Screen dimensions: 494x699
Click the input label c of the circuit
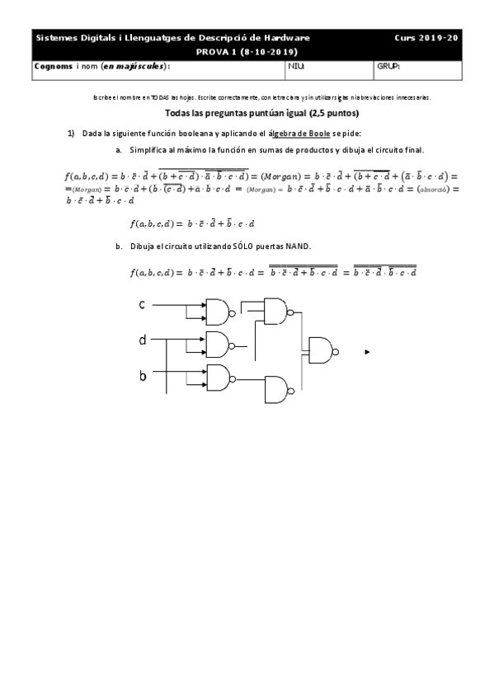[142, 306]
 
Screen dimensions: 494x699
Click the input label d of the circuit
[143, 339]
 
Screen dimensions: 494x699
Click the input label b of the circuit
[143, 376]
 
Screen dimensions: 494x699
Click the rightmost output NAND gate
[322, 350]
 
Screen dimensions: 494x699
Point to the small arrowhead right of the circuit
[367, 352]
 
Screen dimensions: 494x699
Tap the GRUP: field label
[388, 66]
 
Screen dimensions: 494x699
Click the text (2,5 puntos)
[334, 113]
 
